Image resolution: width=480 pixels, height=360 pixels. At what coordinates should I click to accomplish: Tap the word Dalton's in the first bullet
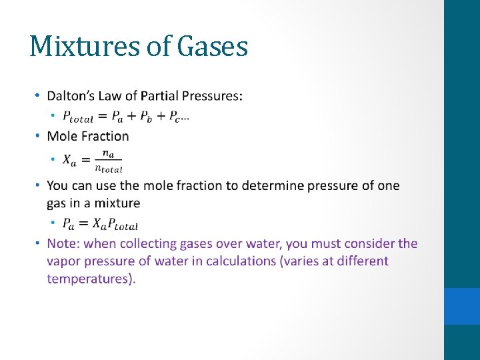pyautogui.click(x=71, y=96)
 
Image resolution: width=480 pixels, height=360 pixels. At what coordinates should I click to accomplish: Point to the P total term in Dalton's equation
pyautogui.click(x=78, y=117)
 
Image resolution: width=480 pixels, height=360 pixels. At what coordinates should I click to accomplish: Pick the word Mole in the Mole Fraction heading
pyautogui.click(x=62, y=136)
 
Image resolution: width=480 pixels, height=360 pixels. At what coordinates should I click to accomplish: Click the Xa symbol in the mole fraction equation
pyautogui.click(x=69, y=160)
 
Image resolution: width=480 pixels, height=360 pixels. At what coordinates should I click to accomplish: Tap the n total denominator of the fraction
pyautogui.click(x=109, y=168)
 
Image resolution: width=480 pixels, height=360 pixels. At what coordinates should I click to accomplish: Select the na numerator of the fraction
pyautogui.click(x=108, y=154)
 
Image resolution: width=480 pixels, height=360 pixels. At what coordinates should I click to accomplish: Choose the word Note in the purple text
pyautogui.click(x=62, y=243)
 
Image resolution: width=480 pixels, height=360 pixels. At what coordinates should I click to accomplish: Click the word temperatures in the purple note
pyautogui.click(x=91, y=279)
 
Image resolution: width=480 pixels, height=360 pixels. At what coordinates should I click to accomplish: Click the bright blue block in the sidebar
pyautogui.click(x=462, y=306)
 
